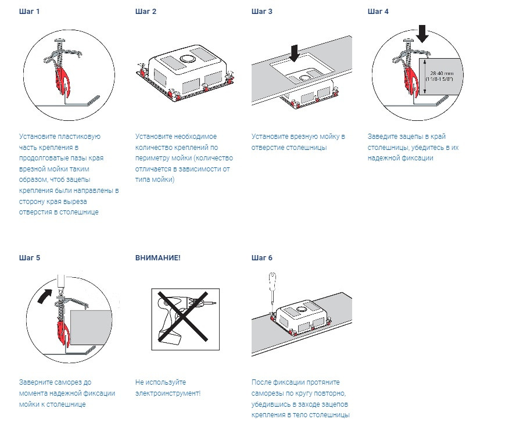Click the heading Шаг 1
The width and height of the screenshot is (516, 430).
(x=29, y=12)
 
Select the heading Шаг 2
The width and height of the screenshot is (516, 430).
(x=146, y=12)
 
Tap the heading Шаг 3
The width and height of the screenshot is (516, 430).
(x=262, y=12)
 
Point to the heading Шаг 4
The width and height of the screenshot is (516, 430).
(x=378, y=12)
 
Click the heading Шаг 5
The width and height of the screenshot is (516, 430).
(x=30, y=258)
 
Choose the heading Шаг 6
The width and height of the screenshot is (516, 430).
(x=262, y=258)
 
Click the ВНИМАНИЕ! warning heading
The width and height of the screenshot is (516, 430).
(x=158, y=258)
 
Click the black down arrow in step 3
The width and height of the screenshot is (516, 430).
(x=294, y=53)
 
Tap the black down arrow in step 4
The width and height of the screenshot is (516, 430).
(x=422, y=34)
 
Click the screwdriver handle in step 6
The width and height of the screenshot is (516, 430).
(x=273, y=279)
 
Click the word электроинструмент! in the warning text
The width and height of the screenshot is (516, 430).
(x=168, y=393)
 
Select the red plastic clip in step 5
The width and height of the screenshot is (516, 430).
(x=63, y=329)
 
